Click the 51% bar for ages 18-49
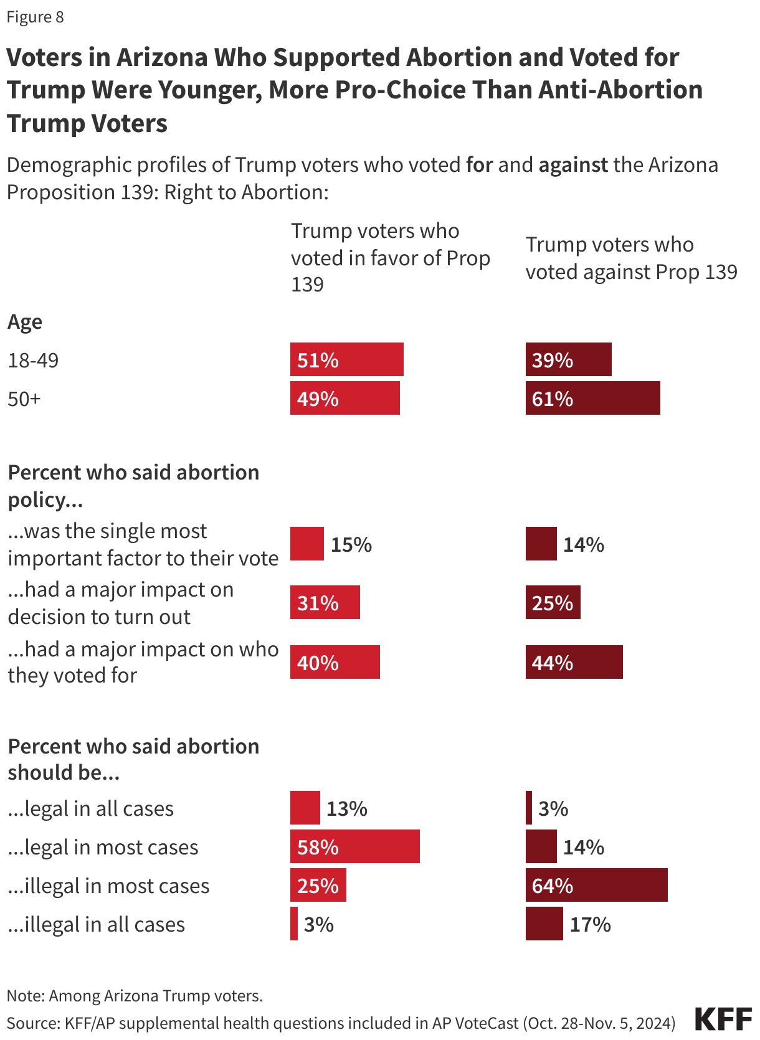point(346,359)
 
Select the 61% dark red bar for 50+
point(592,398)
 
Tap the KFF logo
point(723,1019)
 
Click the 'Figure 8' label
point(35,17)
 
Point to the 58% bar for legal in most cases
point(354,846)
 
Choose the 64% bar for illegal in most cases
point(596,885)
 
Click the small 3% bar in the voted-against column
point(529,808)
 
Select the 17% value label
point(590,924)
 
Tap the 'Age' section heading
point(25,322)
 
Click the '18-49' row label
point(33,360)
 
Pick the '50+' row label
point(24,399)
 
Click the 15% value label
point(351,544)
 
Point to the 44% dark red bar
point(574,662)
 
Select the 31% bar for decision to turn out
point(325,602)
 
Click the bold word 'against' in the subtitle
point(572,165)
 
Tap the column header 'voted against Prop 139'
point(631,272)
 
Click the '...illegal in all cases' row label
point(96,925)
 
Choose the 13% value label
point(346,808)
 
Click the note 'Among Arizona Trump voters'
point(135,996)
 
